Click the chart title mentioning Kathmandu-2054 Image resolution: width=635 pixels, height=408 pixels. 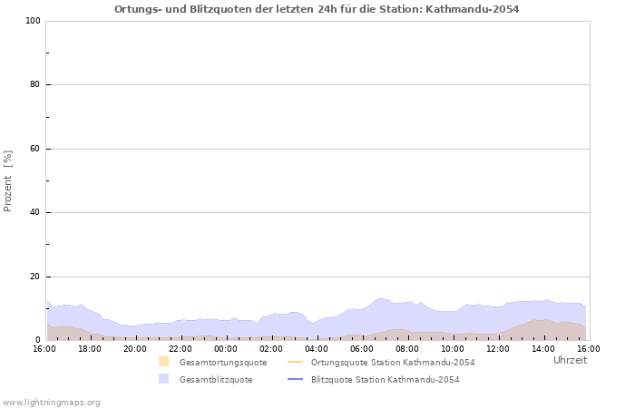(317, 9)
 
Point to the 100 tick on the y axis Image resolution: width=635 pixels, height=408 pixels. (32, 21)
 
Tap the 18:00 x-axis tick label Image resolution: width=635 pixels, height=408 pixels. (90, 348)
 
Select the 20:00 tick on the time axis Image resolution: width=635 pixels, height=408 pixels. (135, 348)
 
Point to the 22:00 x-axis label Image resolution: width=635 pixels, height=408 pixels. (181, 348)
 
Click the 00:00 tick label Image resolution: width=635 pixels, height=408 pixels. (226, 348)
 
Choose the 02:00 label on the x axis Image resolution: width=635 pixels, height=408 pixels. (271, 348)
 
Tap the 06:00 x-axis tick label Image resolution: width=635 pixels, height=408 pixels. (362, 348)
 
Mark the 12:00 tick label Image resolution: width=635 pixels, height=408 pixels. (498, 348)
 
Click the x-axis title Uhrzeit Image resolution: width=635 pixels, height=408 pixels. (570, 360)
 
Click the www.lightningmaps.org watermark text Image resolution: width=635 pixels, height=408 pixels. (52, 402)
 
